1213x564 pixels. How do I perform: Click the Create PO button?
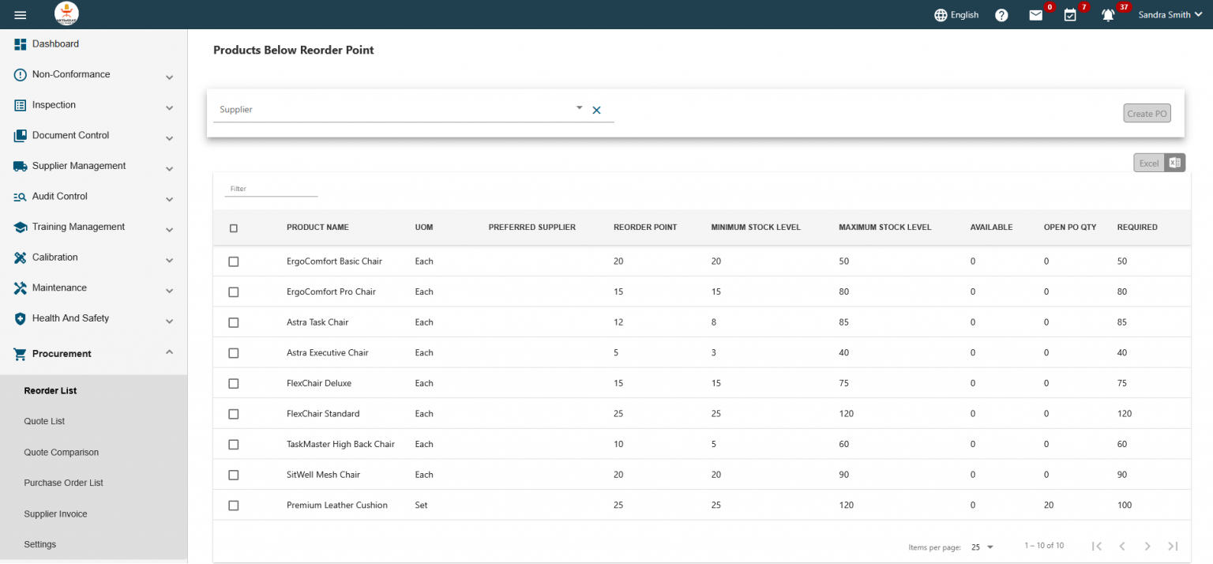pos(1147,114)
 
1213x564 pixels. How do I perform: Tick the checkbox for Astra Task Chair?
pos(233,322)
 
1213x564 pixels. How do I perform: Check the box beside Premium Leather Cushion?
pos(233,506)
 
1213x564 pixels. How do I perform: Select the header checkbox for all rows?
pos(233,228)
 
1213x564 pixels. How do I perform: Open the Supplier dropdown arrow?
pos(579,108)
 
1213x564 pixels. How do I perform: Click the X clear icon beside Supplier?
pos(597,111)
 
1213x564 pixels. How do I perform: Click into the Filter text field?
pos(271,190)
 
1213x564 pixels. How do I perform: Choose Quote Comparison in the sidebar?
pos(62,453)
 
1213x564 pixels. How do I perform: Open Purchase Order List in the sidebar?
pos(64,483)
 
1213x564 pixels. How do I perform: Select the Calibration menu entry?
pos(55,258)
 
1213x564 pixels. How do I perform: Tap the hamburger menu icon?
pos(21,15)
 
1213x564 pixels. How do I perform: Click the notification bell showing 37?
pos(1108,15)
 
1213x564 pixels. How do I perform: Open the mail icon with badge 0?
pos(1035,15)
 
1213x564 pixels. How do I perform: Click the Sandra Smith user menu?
pos(1170,15)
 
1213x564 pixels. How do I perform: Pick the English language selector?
pos(956,15)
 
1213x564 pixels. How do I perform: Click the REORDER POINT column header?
pos(645,227)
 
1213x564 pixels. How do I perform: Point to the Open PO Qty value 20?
pos(1049,506)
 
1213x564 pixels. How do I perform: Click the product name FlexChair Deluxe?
pos(319,383)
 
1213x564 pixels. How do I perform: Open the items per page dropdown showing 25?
pos(982,547)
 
